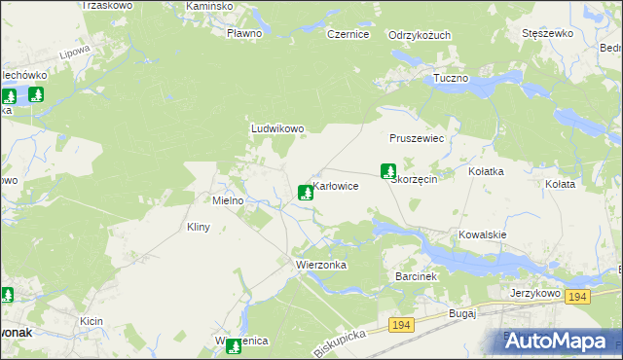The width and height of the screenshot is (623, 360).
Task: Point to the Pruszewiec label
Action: [417, 139]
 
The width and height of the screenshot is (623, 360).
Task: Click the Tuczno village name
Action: [451, 78]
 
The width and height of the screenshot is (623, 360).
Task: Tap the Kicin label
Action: [92, 320]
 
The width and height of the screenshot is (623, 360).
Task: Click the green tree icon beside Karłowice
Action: [306, 193]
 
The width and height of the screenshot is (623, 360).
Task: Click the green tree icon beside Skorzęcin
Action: [387, 170]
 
